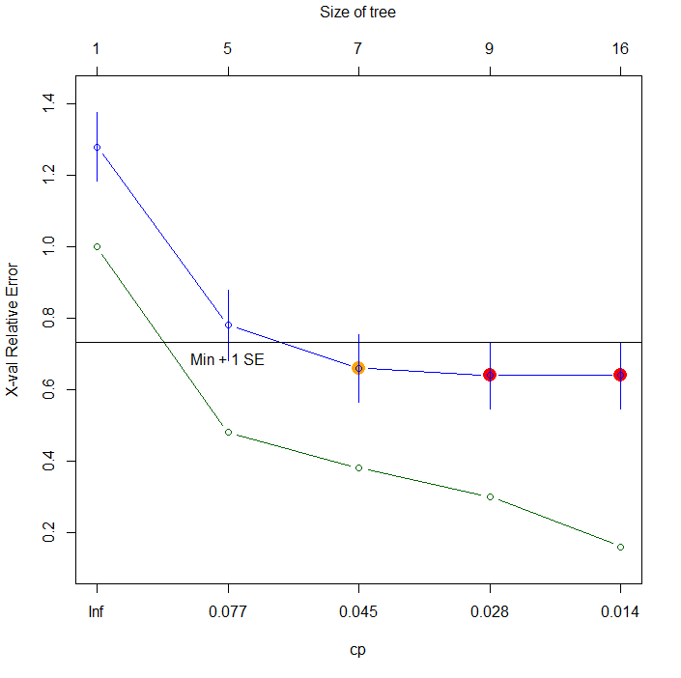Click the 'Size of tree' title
(x=357, y=13)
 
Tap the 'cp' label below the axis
(x=357, y=650)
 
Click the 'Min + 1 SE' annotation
(x=227, y=359)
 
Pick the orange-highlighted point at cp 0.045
(x=358, y=368)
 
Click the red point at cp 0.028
(x=490, y=375)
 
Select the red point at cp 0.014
(x=620, y=375)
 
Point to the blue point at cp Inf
(x=97, y=147)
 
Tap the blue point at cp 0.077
(x=228, y=325)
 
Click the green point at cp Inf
(x=97, y=246)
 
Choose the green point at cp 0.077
(x=228, y=432)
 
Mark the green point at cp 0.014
(x=620, y=547)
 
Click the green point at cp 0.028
(x=490, y=496)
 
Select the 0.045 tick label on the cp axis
(x=358, y=612)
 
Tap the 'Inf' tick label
(x=97, y=612)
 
